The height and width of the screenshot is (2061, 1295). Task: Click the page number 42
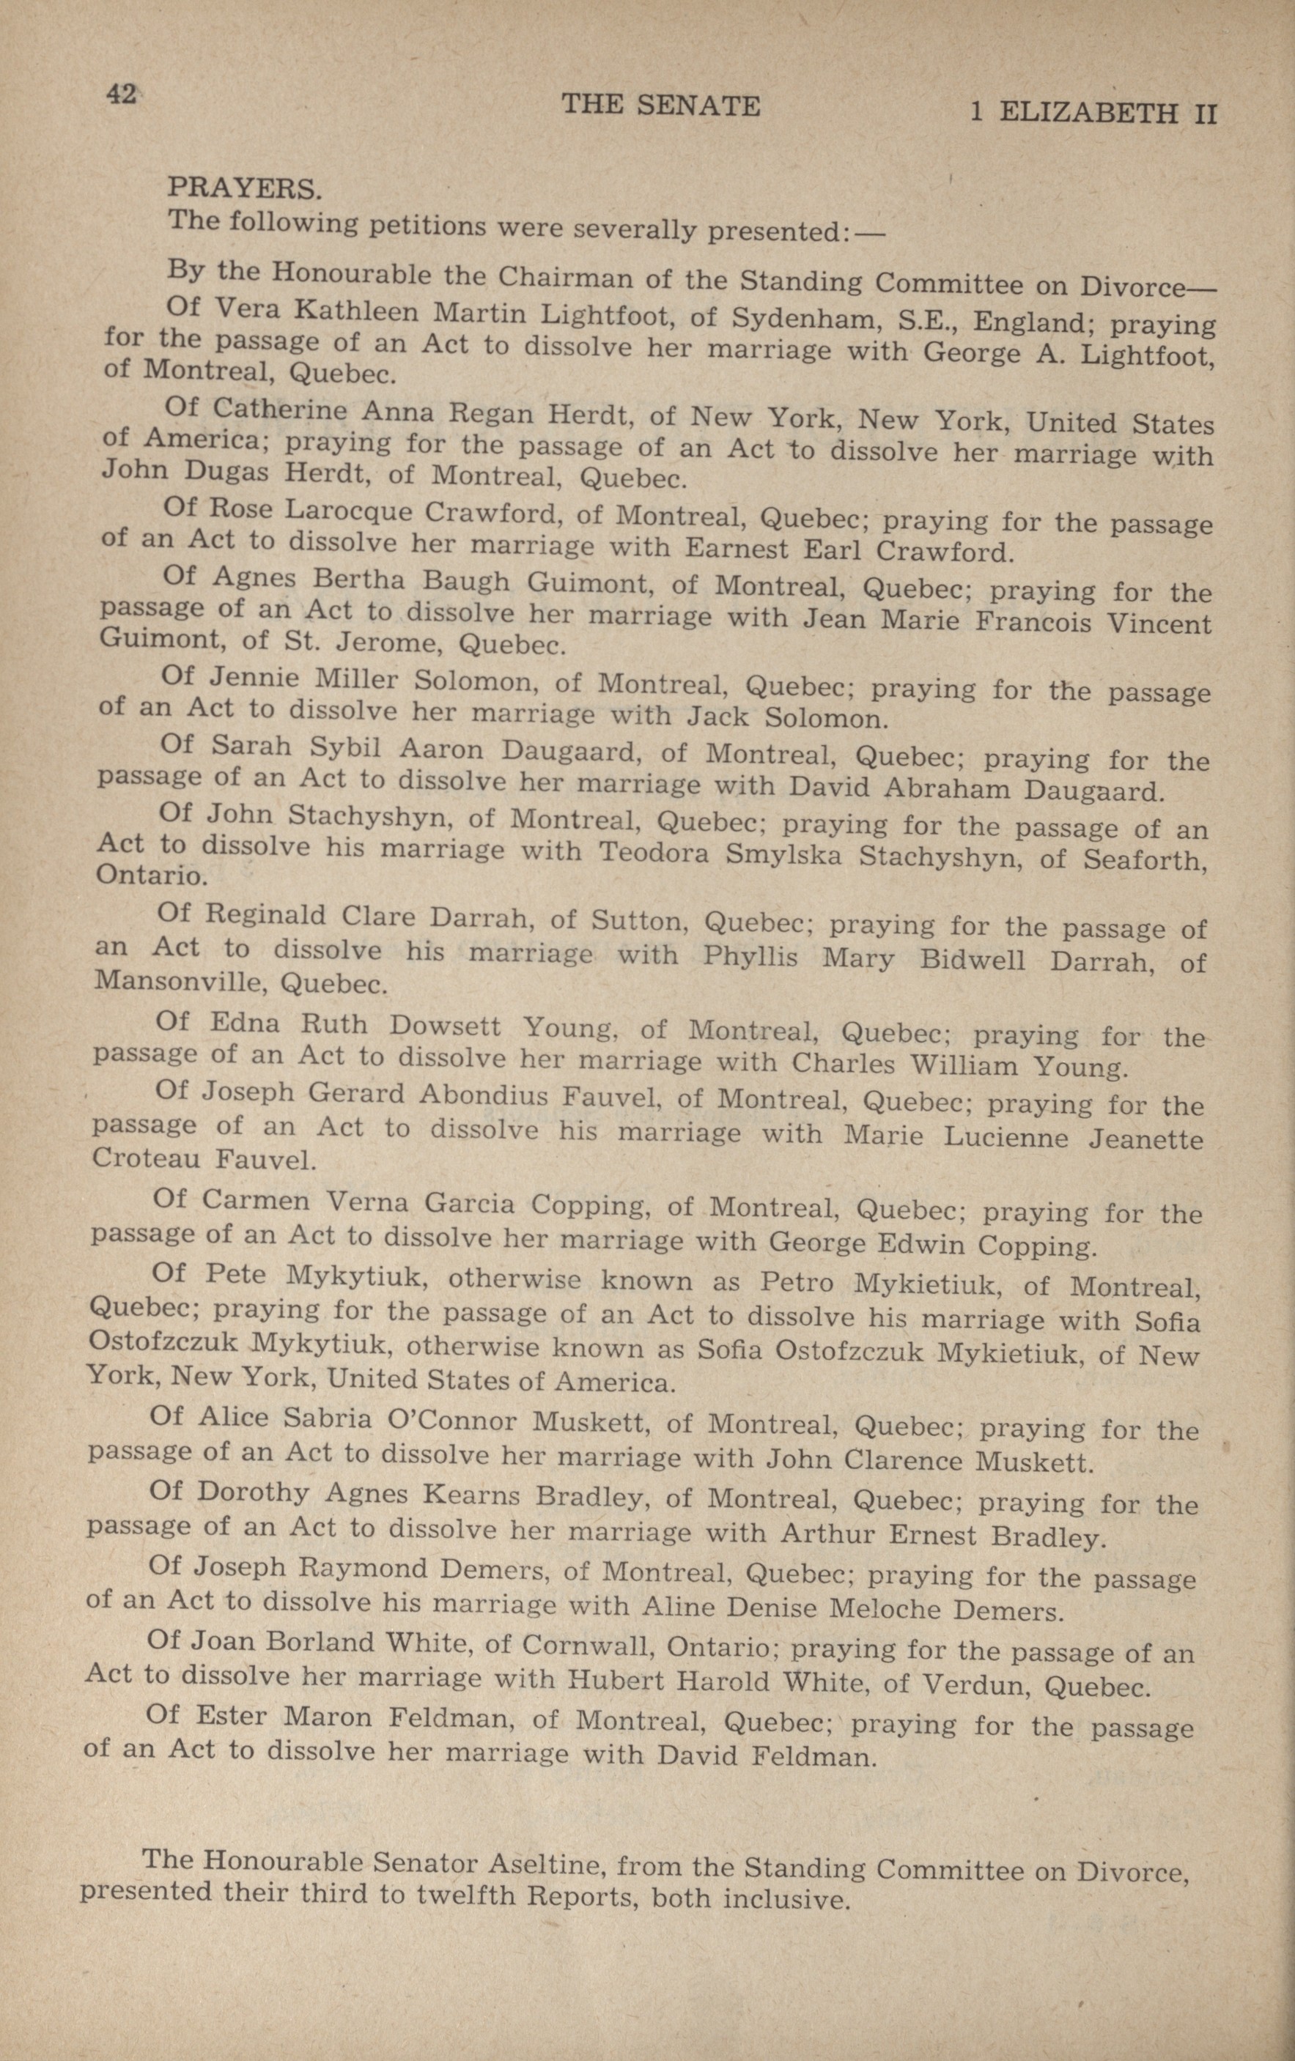pyautogui.click(x=120, y=95)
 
